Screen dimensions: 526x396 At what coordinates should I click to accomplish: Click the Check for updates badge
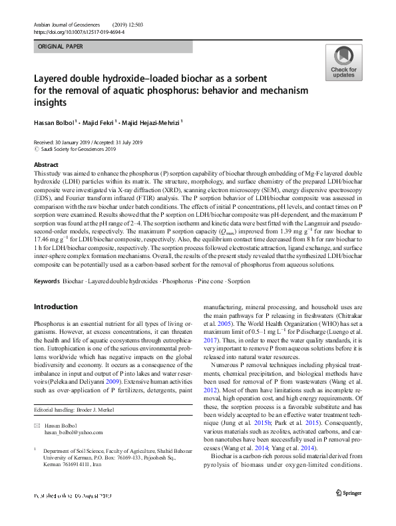tap(343, 63)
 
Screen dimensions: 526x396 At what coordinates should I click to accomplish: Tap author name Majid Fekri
tap(100, 122)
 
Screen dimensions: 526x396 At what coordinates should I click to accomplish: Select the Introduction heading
tap(56, 307)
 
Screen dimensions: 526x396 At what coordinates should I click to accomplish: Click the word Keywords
tap(47, 283)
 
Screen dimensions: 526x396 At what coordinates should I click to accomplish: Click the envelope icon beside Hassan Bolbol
tap(37, 426)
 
